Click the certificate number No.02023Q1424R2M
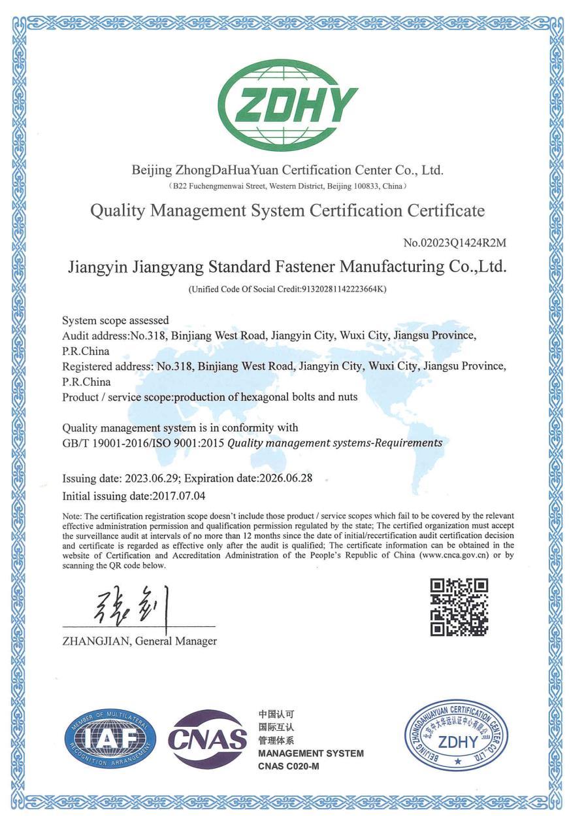tap(455, 243)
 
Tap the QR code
tap(459, 607)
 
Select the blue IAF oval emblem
tap(110, 739)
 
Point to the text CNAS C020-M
tap(289, 766)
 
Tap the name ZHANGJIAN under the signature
tap(97, 641)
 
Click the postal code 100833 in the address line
tap(365, 186)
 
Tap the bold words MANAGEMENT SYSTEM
tap(311, 753)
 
